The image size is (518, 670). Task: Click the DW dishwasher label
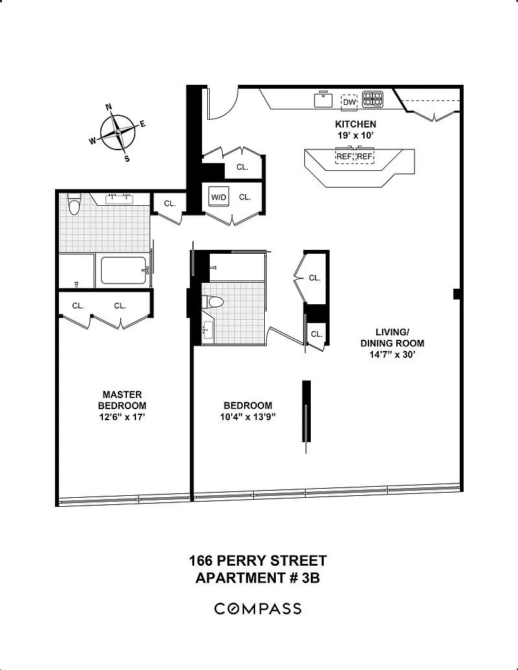click(349, 102)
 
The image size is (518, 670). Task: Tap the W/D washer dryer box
click(219, 197)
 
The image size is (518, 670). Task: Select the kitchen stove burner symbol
click(373, 100)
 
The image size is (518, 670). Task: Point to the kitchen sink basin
click(324, 100)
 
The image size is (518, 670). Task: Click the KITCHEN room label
click(355, 124)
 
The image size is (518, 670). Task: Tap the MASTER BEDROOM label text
click(122, 400)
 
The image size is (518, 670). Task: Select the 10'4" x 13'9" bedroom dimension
click(247, 417)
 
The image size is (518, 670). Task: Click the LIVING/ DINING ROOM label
click(392, 337)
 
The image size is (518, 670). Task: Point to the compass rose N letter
click(109, 107)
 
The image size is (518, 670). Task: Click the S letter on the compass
click(127, 159)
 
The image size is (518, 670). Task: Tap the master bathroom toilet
click(75, 204)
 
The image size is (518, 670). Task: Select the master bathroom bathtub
click(124, 271)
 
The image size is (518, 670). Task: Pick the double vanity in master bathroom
click(118, 199)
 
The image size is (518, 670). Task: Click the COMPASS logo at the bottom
click(258, 609)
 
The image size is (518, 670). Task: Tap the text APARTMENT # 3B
click(258, 577)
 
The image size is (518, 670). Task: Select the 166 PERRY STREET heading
click(258, 560)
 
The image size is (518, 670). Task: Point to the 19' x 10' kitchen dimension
click(355, 135)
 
